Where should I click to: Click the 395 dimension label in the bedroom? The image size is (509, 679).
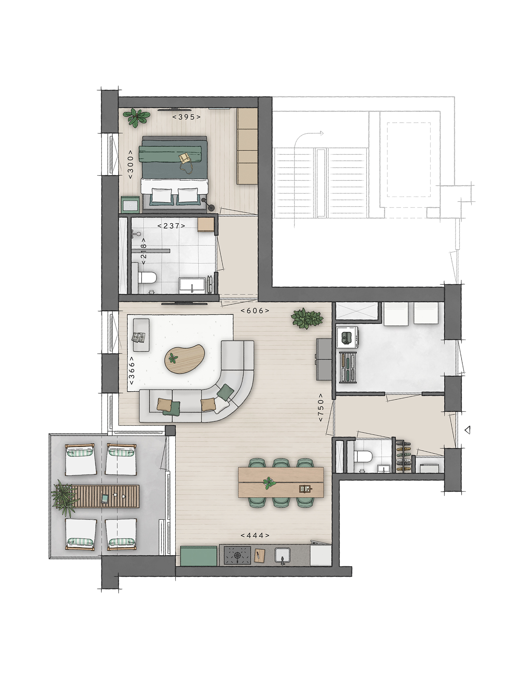point(187,117)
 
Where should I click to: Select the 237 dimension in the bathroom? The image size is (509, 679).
point(171,225)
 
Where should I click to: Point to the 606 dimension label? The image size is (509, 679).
point(255,311)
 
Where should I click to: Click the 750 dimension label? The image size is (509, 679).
point(321,407)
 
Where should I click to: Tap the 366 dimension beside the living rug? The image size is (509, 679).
point(132,371)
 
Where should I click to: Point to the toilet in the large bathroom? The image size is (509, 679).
point(147,278)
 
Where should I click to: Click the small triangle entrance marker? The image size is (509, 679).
point(468,430)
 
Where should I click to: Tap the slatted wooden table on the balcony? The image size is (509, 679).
point(105,496)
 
